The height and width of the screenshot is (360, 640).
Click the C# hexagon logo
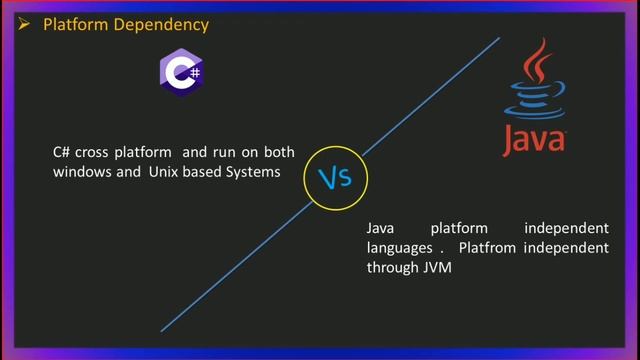[x=183, y=73]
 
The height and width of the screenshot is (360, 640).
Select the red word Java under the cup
[x=534, y=140]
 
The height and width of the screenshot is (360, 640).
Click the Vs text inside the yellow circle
[x=335, y=178]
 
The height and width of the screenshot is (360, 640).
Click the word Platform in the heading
[x=71, y=23]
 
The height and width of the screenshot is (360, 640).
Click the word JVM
[x=425, y=267]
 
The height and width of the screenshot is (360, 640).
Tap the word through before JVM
[x=386, y=267]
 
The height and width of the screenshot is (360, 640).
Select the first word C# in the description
[x=61, y=153]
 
